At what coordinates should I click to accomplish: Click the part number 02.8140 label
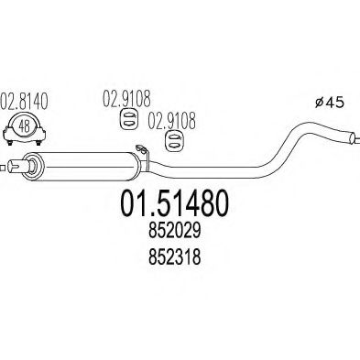[24, 102]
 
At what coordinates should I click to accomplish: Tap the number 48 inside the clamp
[25, 126]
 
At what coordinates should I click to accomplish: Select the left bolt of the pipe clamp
[10, 143]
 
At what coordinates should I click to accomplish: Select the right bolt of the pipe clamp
[38, 143]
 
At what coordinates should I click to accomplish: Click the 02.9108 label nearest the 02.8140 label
[126, 99]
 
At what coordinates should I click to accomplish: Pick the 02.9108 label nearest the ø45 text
[171, 121]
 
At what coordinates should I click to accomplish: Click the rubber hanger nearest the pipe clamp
[128, 119]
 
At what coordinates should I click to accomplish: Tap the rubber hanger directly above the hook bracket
[173, 141]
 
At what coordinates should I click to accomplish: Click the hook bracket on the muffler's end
[143, 154]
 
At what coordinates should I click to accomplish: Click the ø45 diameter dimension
[330, 103]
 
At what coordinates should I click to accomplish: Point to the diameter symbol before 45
[319, 103]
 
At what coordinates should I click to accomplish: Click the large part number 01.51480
[175, 203]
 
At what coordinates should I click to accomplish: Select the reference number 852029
[175, 231]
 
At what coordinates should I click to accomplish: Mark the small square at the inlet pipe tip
[2, 168]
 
